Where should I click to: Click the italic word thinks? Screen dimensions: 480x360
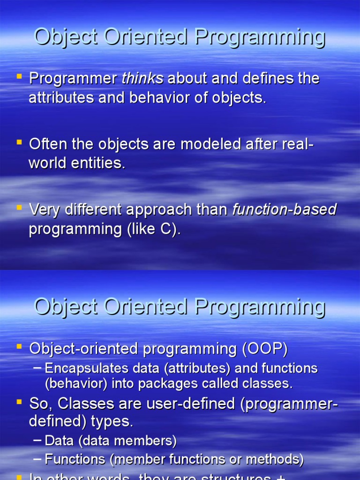142,79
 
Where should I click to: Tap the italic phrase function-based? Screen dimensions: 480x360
284,210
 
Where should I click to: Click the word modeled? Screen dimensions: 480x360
213,144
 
